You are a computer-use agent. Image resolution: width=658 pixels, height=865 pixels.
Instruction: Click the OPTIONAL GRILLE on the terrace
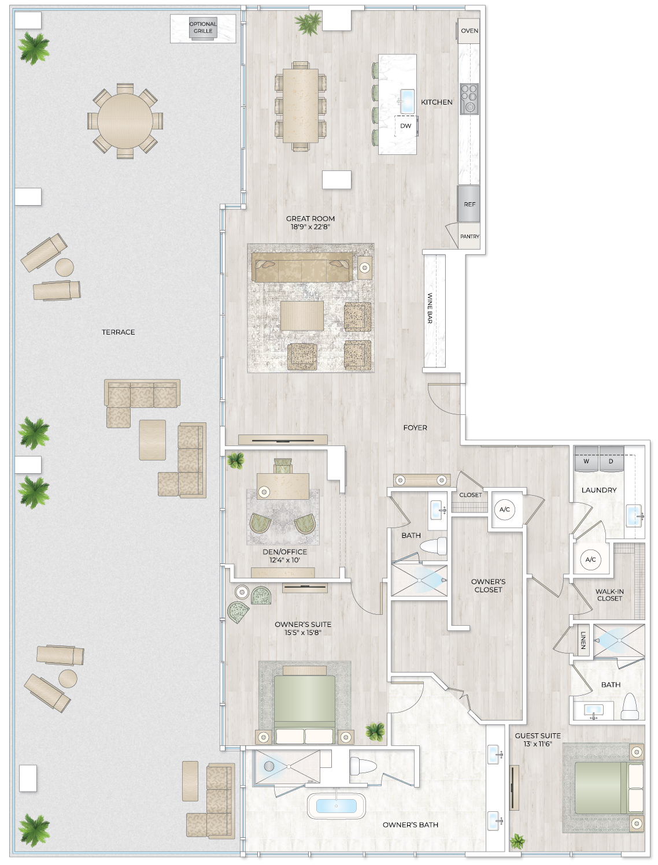203,28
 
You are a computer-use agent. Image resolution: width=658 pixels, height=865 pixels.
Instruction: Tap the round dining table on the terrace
125,121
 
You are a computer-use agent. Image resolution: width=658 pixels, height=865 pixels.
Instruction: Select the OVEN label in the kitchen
470,31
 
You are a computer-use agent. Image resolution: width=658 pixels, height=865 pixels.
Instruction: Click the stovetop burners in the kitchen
469,99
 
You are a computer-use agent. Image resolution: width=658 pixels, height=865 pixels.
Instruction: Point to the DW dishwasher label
406,126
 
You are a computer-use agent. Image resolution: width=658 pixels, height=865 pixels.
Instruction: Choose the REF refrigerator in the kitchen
469,203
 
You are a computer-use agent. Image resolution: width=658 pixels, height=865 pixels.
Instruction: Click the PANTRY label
470,236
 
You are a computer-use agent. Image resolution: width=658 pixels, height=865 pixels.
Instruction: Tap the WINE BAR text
430,308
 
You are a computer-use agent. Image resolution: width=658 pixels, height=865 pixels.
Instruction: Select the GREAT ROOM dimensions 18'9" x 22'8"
310,227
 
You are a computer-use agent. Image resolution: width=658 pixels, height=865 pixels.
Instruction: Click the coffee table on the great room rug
302,315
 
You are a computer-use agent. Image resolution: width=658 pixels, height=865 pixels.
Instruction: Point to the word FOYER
415,428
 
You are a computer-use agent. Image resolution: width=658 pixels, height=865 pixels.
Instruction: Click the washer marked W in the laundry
586,461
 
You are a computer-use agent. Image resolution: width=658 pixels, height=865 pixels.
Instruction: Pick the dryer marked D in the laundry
611,461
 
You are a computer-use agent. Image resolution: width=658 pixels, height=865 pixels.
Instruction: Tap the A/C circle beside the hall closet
505,509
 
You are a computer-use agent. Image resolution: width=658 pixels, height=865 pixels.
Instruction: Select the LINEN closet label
583,640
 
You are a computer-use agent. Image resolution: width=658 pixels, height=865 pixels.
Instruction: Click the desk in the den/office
283,486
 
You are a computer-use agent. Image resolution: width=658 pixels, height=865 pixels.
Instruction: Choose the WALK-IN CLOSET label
609,595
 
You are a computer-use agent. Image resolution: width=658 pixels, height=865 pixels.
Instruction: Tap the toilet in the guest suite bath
629,706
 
